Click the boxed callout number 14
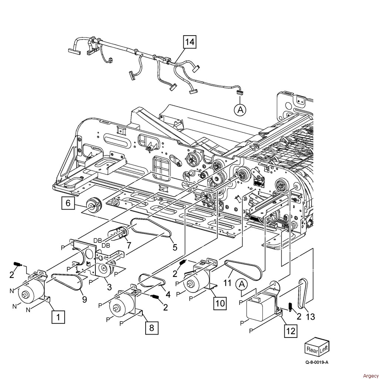click(190, 42)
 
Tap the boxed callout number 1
click(58, 317)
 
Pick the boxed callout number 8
click(152, 328)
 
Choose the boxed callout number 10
click(220, 303)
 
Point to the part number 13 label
click(311, 316)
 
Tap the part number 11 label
click(227, 283)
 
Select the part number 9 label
click(84, 299)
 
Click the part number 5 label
click(175, 247)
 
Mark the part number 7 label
click(129, 245)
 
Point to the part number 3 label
click(109, 287)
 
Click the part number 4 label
click(168, 294)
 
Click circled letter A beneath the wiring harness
click(240, 110)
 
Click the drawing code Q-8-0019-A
click(317, 362)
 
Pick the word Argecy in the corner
click(370, 376)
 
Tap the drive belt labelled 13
click(303, 294)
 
